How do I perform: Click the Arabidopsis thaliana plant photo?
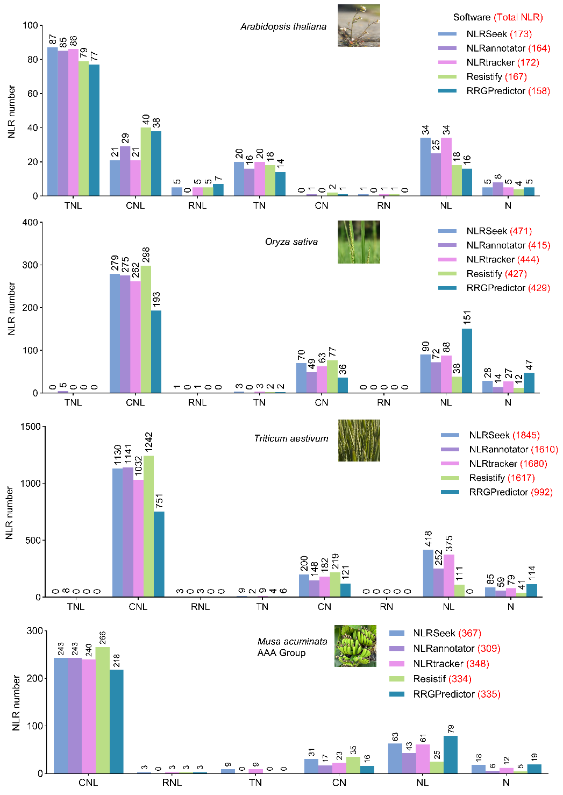point(359,25)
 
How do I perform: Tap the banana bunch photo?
point(355,646)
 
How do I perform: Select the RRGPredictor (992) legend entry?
point(496,492)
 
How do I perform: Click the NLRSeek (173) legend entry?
point(485,34)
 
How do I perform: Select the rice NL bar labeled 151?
point(467,360)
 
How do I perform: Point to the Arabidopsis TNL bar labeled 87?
point(52,122)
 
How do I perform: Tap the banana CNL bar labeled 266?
point(102,710)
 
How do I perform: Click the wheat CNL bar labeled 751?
point(159,554)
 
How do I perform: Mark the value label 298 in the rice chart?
point(146,255)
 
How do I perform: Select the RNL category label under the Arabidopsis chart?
point(197,206)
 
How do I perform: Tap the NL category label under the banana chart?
point(423,783)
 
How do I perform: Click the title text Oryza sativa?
point(291,242)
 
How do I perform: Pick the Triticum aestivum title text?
point(291,439)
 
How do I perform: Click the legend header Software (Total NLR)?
point(498,17)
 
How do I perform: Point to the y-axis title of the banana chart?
point(16,702)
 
